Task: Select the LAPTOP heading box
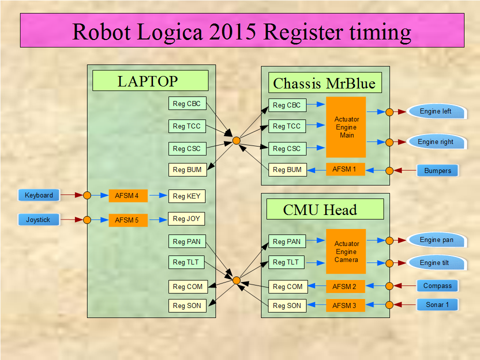point(150,80)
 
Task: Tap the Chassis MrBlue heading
point(324,83)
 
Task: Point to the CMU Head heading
point(324,209)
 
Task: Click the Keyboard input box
point(39,195)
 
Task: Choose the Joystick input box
point(38,219)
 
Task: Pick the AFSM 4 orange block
point(128,195)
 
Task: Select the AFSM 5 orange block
point(128,220)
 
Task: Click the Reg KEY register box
point(186,196)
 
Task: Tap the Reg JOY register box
point(186,218)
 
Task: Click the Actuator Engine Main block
point(346,127)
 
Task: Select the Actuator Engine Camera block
point(346,251)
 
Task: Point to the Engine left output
point(436,111)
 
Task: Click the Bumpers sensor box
point(437,170)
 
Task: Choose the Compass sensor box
point(437,286)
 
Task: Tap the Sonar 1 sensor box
point(437,304)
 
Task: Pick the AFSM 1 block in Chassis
point(345,169)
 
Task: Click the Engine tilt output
point(436,262)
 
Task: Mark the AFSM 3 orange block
point(345,305)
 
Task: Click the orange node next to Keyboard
point(87,195)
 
